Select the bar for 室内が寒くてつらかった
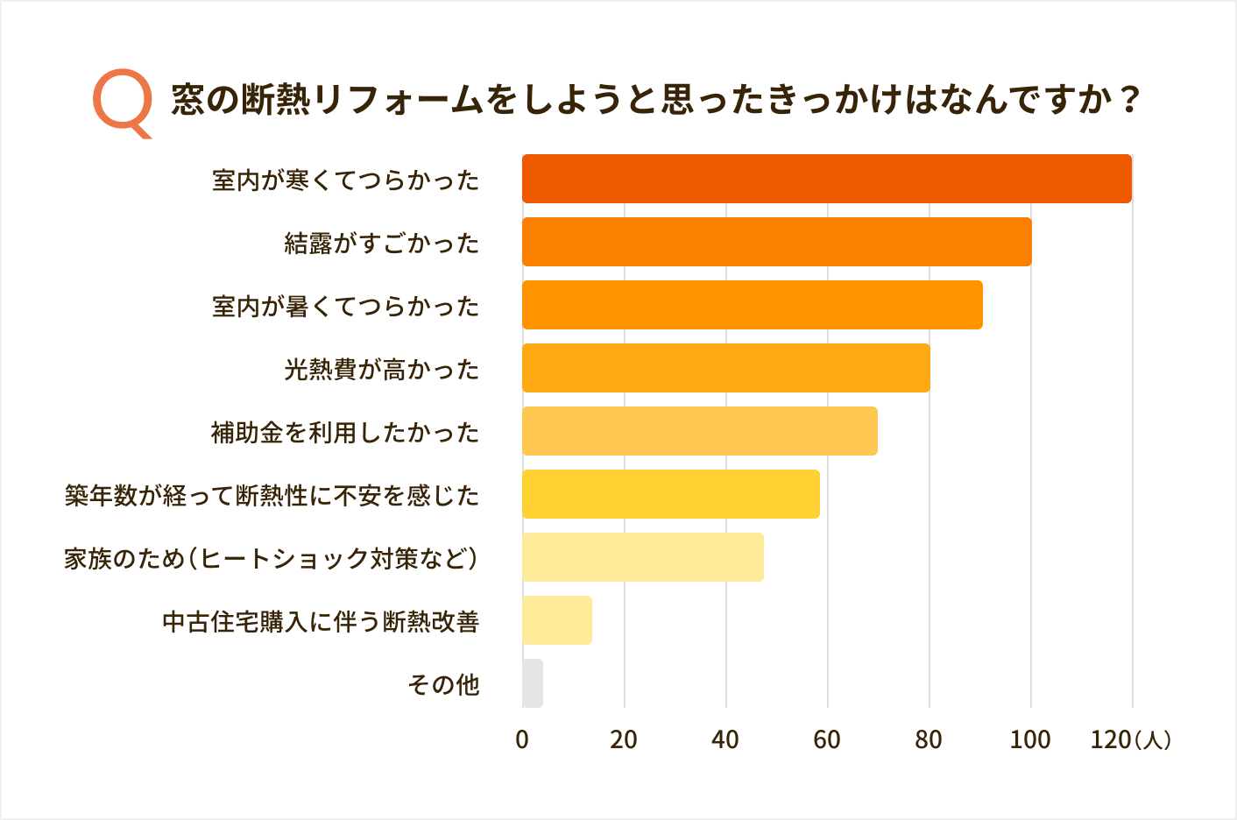point(826,179)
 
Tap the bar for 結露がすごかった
point(776,242)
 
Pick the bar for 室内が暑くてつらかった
point(752,305)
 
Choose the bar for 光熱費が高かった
point(725,368)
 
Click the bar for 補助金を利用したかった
point(699,431)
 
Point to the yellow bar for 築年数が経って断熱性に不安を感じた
point(670,494)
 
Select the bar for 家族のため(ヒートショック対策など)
point(642,557)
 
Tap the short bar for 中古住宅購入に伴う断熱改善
point(556,620)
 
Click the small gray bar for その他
point(533,683)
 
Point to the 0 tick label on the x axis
point(522,740)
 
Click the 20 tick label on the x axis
point(624,740)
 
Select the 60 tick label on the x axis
point(827,740)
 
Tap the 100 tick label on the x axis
point(1030,740)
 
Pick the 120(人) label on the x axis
point(1130,740)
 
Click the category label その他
point(443,684)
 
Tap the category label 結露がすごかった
point(382,243)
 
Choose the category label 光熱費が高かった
point(382,369)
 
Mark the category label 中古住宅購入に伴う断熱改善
point(321,621)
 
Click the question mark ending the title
point(1130,99)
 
